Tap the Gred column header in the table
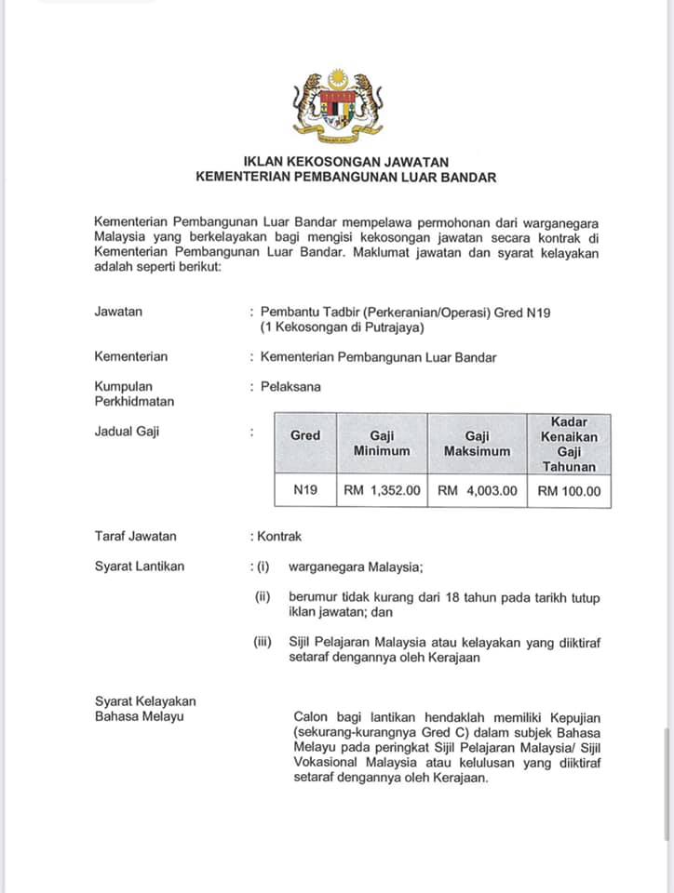(x=305, y=435)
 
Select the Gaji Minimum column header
(x=382, y=443)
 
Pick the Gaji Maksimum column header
(x=477, y=443)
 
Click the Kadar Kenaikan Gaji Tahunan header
(x=569, y=444)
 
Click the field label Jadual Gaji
(x=127, y=431)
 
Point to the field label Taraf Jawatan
(x=136, y=536)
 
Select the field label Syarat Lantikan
(x=140, y=566)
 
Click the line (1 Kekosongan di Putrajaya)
(x=342, y=327)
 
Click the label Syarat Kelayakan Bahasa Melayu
(x=145, y=708)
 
